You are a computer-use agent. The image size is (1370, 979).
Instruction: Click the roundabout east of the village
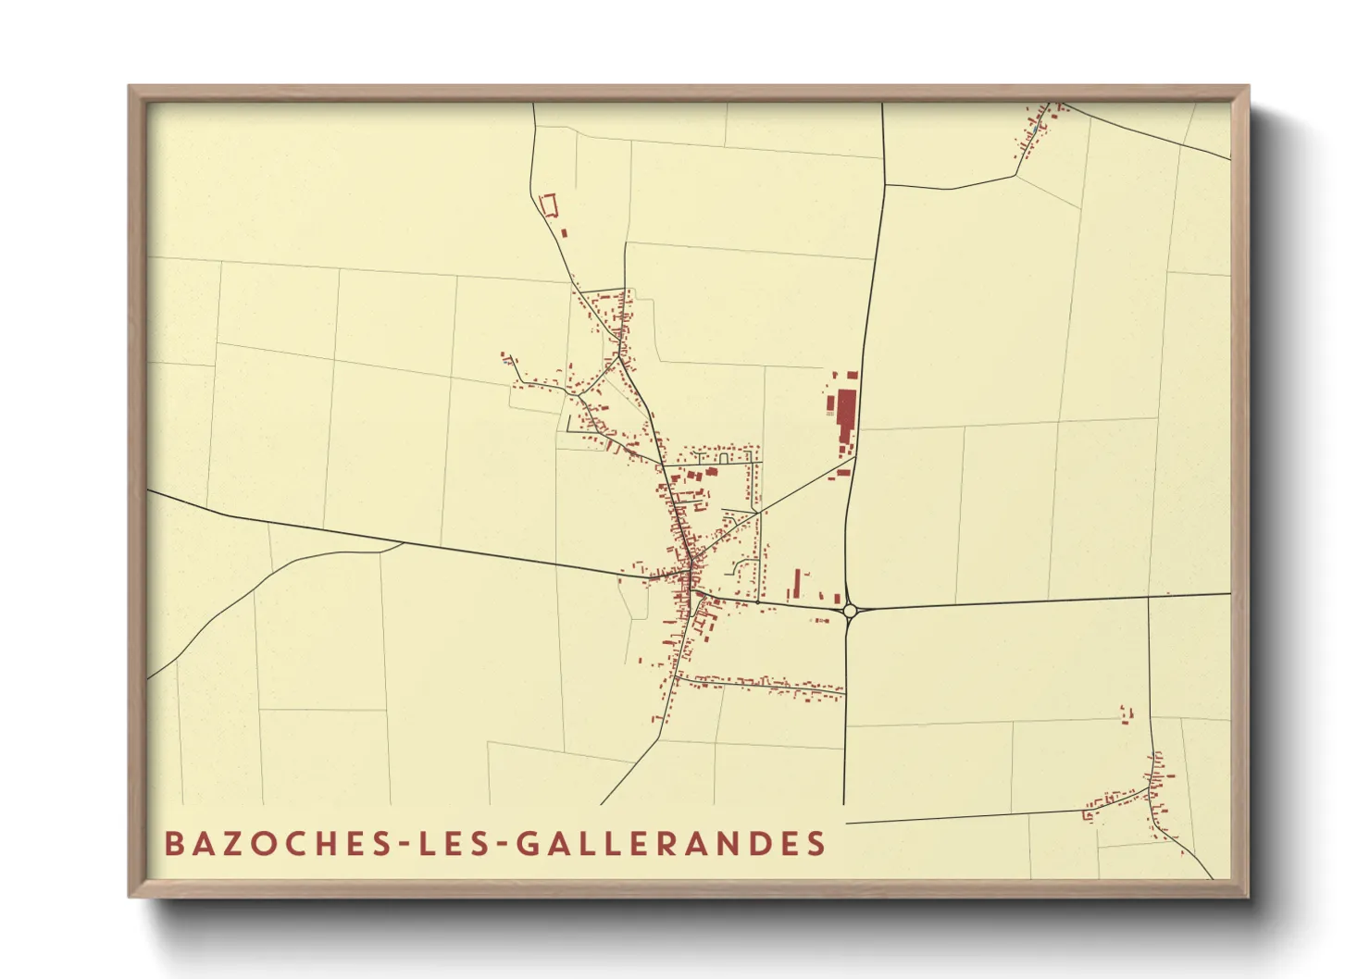[850, 610]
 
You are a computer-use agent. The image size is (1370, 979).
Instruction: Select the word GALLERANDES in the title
[670, 844]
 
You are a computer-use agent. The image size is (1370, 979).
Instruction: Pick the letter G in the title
[527, 844]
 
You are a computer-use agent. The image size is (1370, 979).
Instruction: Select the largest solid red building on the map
[846, 418]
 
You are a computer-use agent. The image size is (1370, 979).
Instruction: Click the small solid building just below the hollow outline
[563, 230]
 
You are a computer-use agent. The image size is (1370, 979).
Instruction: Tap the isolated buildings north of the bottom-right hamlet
[1126, 714]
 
